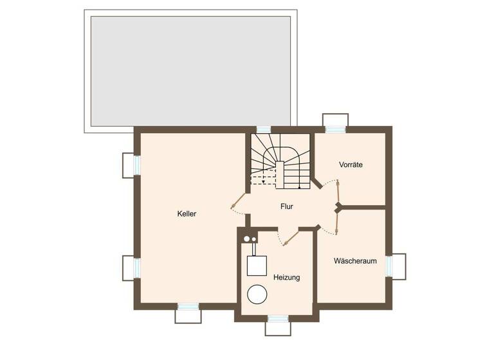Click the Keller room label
pyautogui.click(x=187, y=214)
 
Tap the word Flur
pyautogui.click(x=287, y=206)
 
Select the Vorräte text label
pyautogui.click(x=351, y=165)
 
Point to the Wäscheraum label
pyautogui.click(x=354, y=261)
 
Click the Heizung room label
pyautogui.click(x=286, y=277)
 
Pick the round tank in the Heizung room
pyautogui.click(x=258, y=294)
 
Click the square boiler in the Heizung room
pyautogui.click(x=257, y=265)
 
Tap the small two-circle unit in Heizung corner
pyautogui.click(x=249, y=239)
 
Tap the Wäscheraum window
pyautogui.click(x=389, y=266)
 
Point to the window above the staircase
pyautogui.click(x=264, y=129)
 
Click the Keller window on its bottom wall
pyautogui.click(x=188, y=307)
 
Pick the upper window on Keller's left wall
pyautogui.click(x=136, y=165)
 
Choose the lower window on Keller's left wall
pyautogui.click(x=136, y=267)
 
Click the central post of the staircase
pyautogui.click(x=280, y=174)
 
